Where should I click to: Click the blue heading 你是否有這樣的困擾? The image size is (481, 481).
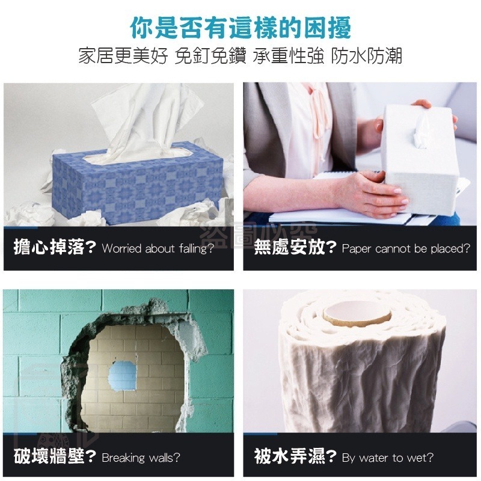(240, 27)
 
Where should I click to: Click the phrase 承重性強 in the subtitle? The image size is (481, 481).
(287, 57)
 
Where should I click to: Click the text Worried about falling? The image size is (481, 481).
(158, 249)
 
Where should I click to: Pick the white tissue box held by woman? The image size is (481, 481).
(421, 153)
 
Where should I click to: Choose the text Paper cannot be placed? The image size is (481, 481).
(406, 249)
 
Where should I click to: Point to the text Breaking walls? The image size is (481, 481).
(141, 458)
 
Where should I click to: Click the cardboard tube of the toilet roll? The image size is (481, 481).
(354, 313)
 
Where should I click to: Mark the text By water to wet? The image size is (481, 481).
(388, 458)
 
